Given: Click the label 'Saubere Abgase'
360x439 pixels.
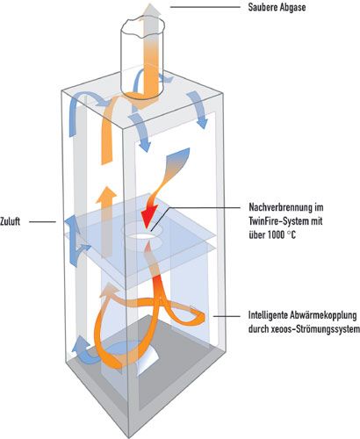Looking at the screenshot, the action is click(277, 7).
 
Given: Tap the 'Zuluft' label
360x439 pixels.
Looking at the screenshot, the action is click(11, 221).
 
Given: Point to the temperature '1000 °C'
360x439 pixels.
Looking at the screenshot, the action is click(281, 234).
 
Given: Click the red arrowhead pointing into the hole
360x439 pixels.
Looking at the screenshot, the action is click(148, 219).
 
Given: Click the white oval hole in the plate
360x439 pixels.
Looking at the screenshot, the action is click(141, 235).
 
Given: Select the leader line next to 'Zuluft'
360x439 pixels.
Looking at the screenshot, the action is click(42, 221).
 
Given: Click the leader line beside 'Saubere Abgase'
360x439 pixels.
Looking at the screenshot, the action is click(205, 6).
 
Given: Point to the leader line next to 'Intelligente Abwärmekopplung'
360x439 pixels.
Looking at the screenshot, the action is click(227, 316).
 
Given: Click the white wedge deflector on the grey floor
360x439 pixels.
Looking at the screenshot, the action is click(148, 362).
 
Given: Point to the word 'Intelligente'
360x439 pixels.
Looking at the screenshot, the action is click(268, 315).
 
